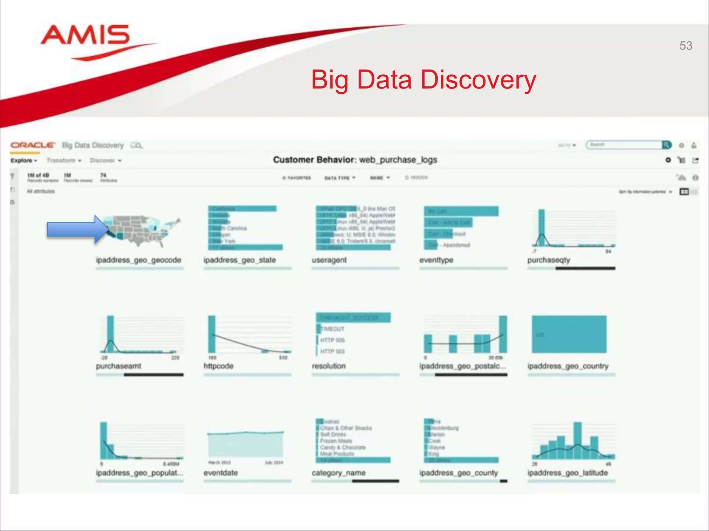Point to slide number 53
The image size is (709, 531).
685,46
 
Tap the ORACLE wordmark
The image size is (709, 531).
33,145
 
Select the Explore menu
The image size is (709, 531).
24,160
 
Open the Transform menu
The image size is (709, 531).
64,160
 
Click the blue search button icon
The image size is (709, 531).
666,145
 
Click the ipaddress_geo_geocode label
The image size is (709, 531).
138,260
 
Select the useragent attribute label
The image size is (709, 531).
329,260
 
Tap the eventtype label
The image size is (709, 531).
436,260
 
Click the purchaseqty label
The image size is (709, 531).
549,260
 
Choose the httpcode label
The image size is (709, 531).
218,366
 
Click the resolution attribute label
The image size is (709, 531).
329,366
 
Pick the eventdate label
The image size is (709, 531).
221,473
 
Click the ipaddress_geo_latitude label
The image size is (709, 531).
567,473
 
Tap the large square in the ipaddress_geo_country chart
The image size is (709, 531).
569,334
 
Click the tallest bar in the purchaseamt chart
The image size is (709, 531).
110,334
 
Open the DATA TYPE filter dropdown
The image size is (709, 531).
340,178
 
